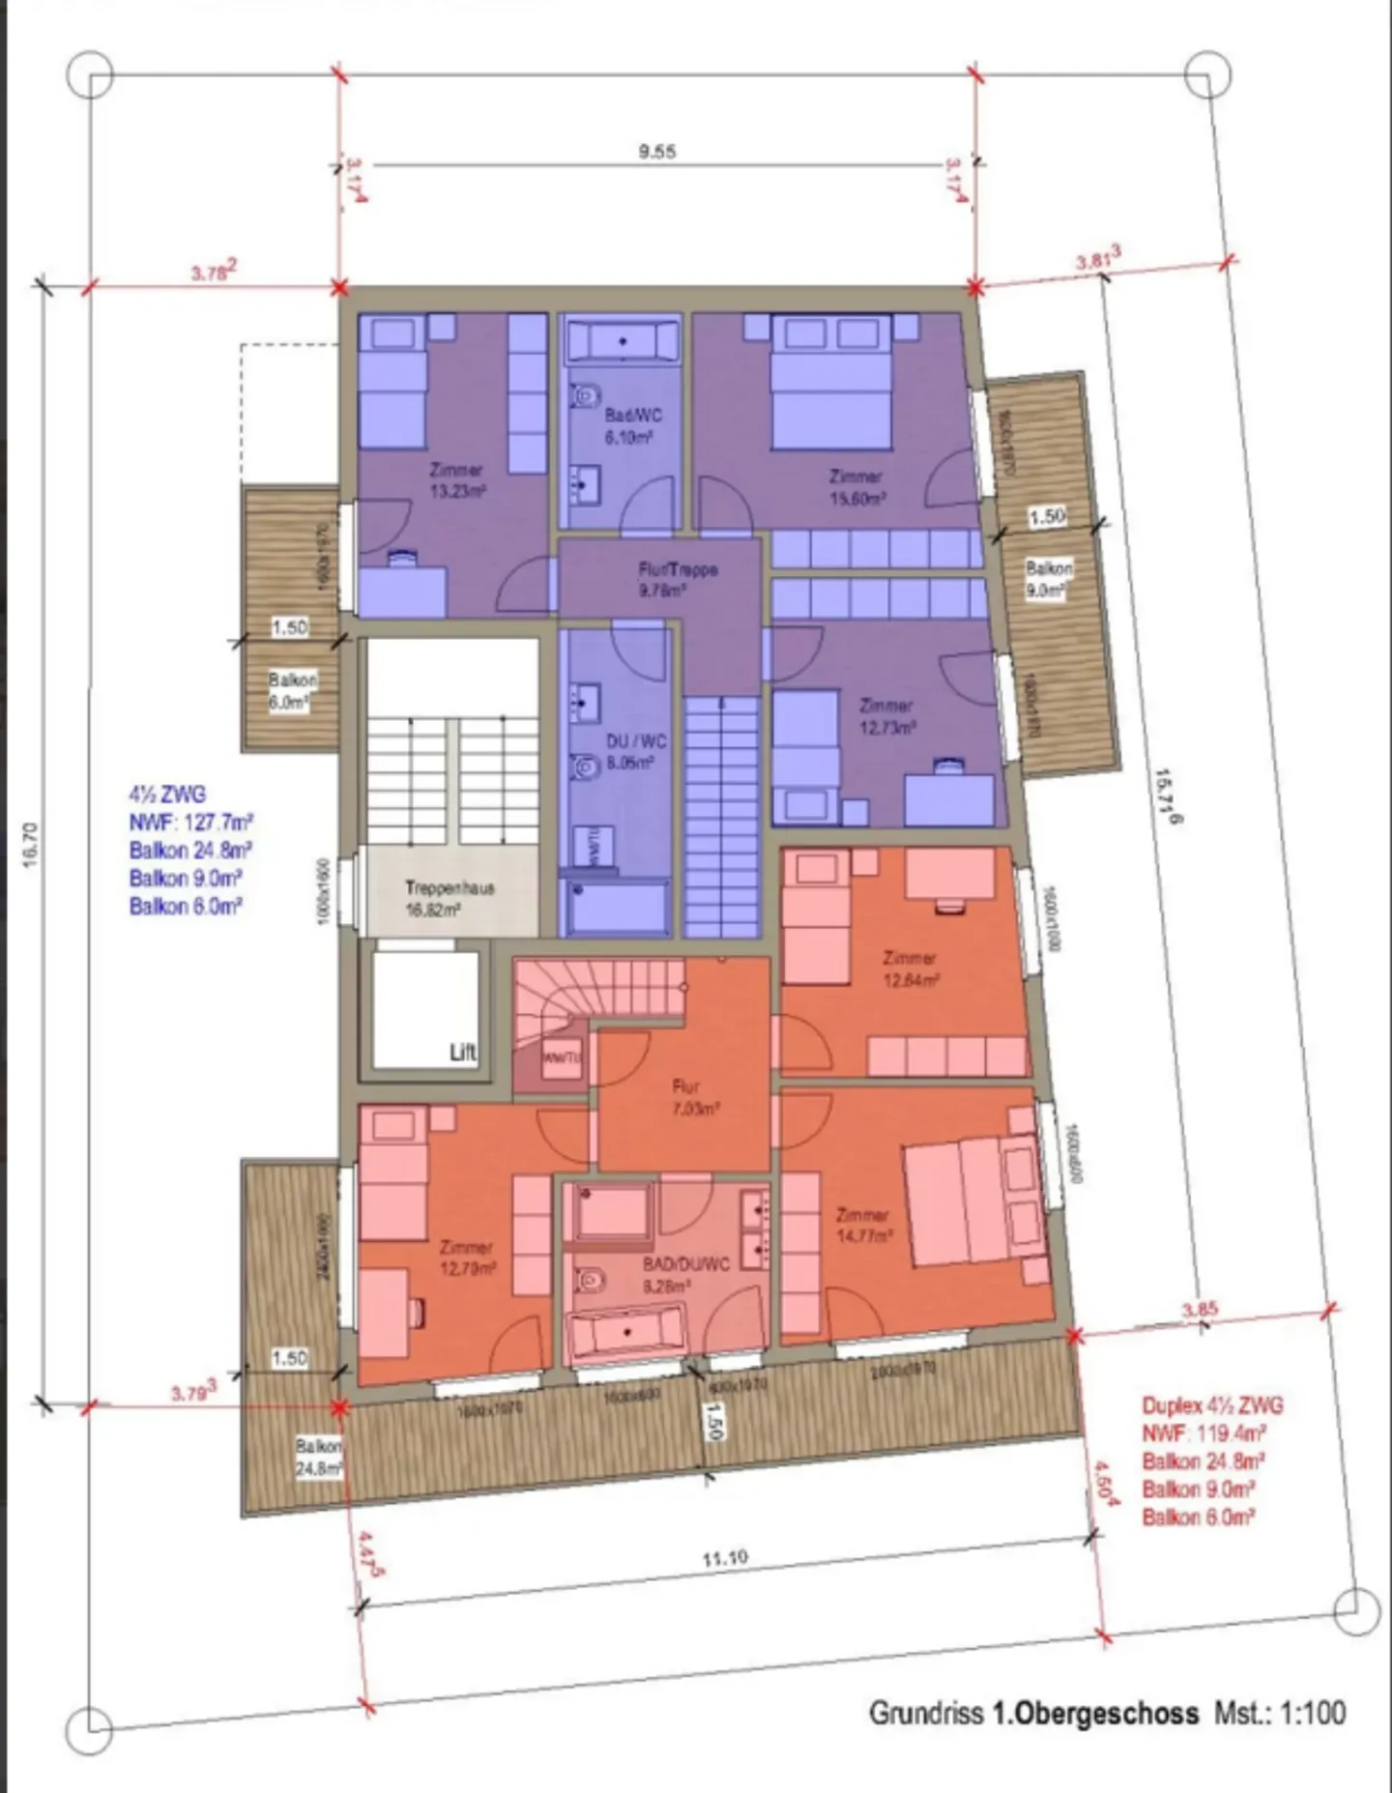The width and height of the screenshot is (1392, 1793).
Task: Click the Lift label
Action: tap(463, 1053)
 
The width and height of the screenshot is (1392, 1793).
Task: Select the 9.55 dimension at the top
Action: tap(656, 152)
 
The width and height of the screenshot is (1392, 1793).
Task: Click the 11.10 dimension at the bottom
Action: tap(724, 1558)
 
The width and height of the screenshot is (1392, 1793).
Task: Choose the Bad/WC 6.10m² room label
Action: tap(632, 426)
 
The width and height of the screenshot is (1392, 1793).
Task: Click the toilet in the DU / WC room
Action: tap(583, 766)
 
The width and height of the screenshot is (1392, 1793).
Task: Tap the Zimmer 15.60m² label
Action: tap(856, 487)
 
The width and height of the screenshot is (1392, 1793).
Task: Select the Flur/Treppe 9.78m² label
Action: tap(677, 579)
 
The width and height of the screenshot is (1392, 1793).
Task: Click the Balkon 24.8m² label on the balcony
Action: tap(319, 1458)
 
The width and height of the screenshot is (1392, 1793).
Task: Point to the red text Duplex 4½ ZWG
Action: tap(1212, 1406)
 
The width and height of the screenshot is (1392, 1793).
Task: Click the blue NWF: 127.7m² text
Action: tap(190, 823)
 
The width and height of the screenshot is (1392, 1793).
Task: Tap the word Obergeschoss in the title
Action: tap(1094, 1713)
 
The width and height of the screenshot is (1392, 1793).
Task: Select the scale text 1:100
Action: tap(1313, 1713)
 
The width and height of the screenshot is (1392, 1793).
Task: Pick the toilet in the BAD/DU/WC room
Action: tap(591, 1281)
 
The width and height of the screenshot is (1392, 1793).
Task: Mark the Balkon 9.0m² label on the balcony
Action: tap(1048, 578)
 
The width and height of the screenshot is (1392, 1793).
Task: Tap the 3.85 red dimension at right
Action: tap(1200, 1310)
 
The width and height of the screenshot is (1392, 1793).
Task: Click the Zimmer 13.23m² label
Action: tap(456, 479)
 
